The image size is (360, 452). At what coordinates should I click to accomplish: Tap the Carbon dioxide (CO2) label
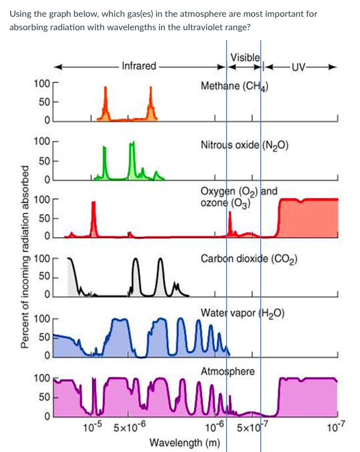[x=249, y=259]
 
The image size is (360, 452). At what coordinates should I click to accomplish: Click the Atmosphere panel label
[x=228, y=372]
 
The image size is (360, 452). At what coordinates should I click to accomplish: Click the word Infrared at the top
[x=139, y=66]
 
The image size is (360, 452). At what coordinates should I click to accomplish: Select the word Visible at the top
[x=244, y=56]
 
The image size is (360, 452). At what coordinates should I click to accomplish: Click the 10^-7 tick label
[x=335, y=429]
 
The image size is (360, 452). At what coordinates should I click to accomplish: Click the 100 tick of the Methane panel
[x=41, y=84]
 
